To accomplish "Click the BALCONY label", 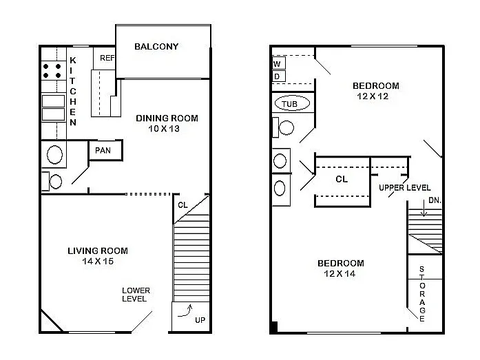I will coord(156,47).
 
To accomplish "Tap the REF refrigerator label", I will coord(107,59).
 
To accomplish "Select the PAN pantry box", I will coord(105,151).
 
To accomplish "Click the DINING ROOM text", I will coord(167,118).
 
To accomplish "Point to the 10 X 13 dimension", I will coord(167,129).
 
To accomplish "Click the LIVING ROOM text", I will coord(97,251).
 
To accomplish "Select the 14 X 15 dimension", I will coord(97,262).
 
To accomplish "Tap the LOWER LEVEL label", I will coord(136,295).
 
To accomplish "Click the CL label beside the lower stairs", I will coord(182,204).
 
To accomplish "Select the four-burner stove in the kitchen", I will coord(52,71).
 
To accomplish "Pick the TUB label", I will coord(290,105).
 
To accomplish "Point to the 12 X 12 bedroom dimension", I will coord(376,96).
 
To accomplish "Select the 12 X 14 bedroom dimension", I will coord(340,274).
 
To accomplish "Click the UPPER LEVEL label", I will coord(405,188).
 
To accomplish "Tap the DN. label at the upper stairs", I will coord(434,200).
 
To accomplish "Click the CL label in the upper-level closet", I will coord(342,179).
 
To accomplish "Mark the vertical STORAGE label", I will coord(422,295).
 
